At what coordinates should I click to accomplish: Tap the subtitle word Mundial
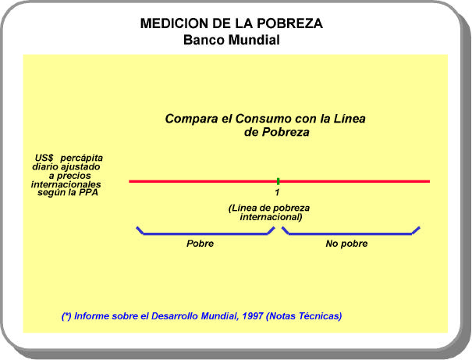pos(254,40)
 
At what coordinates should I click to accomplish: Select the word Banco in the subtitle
pos(204,40)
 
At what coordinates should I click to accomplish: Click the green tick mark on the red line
pos(278,181)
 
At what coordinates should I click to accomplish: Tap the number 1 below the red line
pos(277,193)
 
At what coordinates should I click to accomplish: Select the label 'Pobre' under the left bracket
pos(200,244)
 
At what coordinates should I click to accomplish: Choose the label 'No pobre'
pos(346,244)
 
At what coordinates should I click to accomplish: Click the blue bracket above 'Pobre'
pos(204,232)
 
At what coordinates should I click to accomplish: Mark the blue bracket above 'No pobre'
pos(351,232)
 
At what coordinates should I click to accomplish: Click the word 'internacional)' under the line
pos(271,217)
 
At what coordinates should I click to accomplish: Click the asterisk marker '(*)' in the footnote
pos(67,316)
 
